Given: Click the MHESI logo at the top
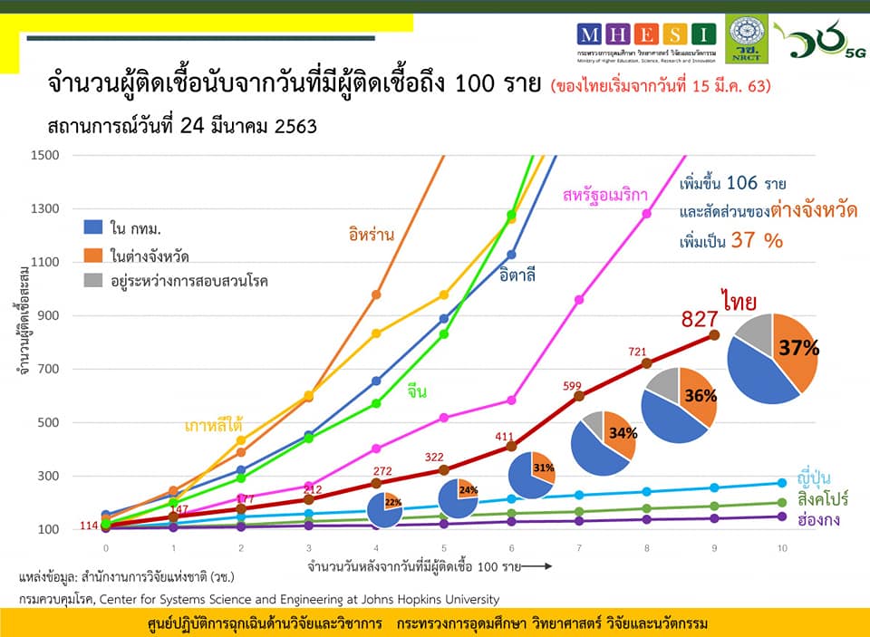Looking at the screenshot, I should [x=646, y=35].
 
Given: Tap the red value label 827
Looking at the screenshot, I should [x=701, y=319].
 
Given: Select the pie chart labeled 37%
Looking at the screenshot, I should [x=772, y=358].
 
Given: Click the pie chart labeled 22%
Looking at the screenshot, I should [x=385, y=510].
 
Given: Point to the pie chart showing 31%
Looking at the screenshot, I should [x=531, y=474].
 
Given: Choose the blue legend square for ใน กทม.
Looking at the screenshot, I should [x=92, y=227].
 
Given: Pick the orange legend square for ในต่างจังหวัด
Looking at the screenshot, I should [x=92, y=254].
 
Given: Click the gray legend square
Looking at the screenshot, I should [x=92, y=280].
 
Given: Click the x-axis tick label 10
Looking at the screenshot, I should [x=782, y=549].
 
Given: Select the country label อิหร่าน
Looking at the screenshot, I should [x=371, y=234].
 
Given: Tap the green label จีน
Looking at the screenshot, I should [x=417, y=392].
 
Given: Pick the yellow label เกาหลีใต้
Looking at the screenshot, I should [x=213, y=425].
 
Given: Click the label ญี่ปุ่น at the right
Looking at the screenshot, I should [x=815, y=478].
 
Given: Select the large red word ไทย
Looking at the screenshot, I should [x=739, y=300].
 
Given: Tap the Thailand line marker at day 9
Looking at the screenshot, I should [x=714, y=335].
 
